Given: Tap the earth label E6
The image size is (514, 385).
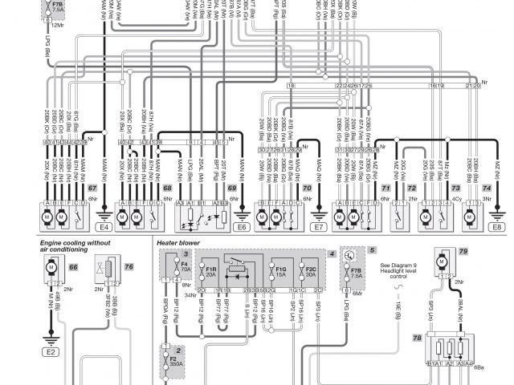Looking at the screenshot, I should click(x=241, y=228).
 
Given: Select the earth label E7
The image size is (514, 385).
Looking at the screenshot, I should click(x=318, y=228).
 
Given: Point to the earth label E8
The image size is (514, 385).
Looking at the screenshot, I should click(x=499, y=228).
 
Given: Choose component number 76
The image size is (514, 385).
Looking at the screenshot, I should click(x=128, y=266).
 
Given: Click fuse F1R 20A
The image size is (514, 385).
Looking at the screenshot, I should click(x=211, y=271).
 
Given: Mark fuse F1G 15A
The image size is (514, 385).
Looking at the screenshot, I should click(x=279, y=271).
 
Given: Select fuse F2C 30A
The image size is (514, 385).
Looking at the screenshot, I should click(x=311, y=271).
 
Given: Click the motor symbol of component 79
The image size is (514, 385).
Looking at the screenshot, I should click(x=441, y=261).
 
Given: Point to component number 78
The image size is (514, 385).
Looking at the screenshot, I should click(x=418, y=338).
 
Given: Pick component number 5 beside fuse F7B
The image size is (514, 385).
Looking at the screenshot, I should click(x=372, y=250).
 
